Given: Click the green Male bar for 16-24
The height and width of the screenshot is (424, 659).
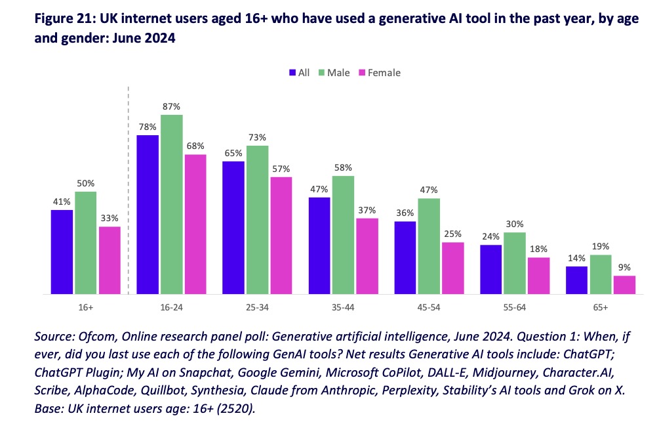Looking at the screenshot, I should tap(171, 204).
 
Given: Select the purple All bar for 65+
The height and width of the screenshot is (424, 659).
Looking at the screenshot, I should tap(576, 280).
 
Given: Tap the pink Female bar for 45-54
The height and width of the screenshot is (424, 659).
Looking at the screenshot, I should tap(453, 268).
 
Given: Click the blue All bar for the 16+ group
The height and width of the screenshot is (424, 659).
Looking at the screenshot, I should tap(62, 251).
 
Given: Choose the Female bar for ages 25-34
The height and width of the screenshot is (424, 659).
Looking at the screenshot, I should tap(281, 235).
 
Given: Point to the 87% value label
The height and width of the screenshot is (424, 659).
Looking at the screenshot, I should tap(171, 106).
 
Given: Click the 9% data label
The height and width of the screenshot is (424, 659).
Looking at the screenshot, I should tap(624, 267).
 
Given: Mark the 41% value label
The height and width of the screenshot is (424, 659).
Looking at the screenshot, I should tap(62, 201).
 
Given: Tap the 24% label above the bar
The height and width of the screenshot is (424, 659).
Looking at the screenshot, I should tap(490, 236).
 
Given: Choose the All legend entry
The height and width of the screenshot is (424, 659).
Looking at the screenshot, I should tap(298, 73).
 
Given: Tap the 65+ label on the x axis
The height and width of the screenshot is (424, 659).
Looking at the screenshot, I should tap(600, 307).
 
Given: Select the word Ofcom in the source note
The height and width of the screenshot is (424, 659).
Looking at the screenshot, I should tap(89, 337).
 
